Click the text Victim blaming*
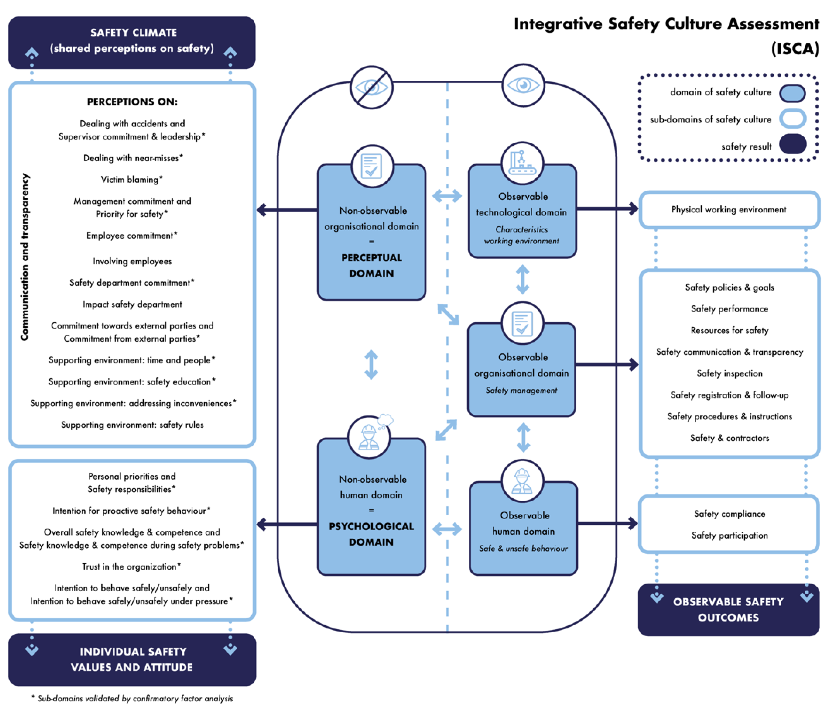tap(132, 180)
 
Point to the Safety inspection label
tap(729, 373)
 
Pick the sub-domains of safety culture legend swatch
tap(792, 119)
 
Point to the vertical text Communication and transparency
tap(25, 257)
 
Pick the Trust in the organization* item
tap(132, 567)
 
